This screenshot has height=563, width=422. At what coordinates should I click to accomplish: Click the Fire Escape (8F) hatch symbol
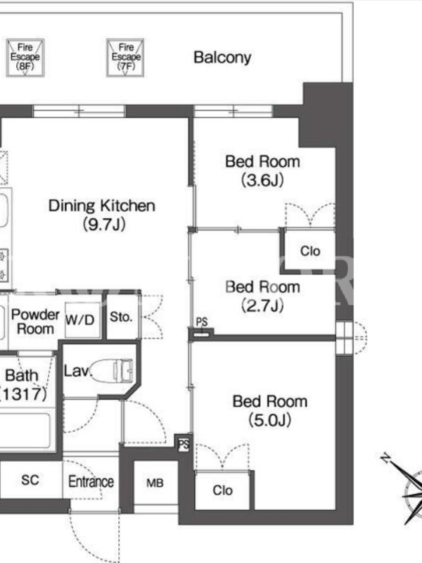point(25,58)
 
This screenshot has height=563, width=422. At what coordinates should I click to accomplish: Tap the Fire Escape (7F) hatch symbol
point(125,58)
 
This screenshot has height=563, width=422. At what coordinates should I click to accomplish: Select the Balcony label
point(222,58)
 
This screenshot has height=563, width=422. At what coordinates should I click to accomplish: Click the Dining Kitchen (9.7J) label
point(102,215)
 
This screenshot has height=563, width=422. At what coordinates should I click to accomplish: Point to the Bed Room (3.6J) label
point(262,171)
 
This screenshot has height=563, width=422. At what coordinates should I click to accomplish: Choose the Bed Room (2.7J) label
point(262,296)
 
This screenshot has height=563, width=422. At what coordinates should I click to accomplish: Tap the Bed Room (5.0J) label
point(270,411)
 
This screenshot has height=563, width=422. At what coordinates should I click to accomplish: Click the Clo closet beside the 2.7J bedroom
point(310,251)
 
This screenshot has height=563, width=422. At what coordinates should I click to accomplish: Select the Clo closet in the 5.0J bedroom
point(222,490)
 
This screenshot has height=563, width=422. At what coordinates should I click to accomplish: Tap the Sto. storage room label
point(121,317)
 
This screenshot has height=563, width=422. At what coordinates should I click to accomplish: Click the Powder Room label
point(35,322)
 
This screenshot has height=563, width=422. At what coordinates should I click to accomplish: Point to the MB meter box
point(155,483)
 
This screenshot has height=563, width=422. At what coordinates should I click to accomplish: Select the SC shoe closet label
point(30,480)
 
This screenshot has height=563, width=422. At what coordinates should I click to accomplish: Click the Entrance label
point(91,481)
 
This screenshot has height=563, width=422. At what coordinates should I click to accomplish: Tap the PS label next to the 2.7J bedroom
point(202,322)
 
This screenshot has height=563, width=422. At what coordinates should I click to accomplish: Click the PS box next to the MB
point(184,444)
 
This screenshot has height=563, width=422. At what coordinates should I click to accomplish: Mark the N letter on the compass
point(385,458)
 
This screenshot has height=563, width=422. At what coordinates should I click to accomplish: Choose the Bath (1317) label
point(23,384)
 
